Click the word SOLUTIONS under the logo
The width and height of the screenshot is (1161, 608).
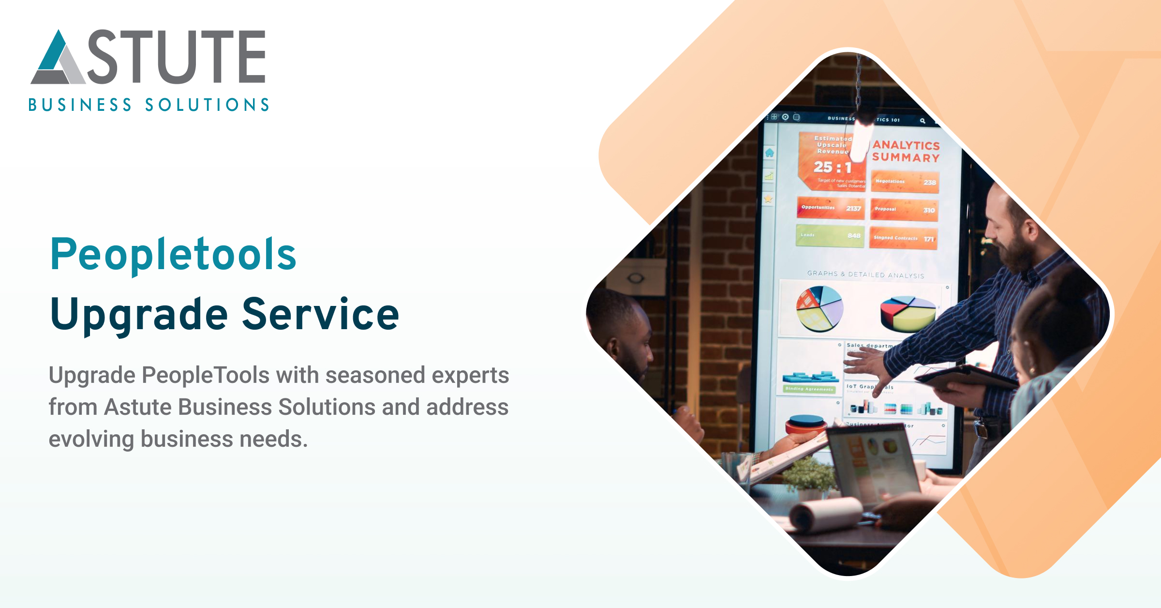(x=207, y=105)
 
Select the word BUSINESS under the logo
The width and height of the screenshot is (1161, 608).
(x=80, y=105)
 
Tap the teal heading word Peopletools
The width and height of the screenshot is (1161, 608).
(x=173, y=255)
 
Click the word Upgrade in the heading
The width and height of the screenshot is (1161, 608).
(x=139, y=315)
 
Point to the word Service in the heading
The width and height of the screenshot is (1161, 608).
(x=320, y=315)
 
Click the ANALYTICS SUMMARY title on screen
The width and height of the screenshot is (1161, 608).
(x=906, y=151)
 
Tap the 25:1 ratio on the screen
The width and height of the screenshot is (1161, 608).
(x=832, y=167)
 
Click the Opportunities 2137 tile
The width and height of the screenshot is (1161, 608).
(x=831, y=208)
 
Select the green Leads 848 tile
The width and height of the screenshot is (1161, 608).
(x=830, y=236)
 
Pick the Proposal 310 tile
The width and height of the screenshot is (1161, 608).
(x=904, y=210)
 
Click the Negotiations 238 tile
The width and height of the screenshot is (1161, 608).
(x=905, y=182)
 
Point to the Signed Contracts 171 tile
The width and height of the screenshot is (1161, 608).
(x=903, y=238)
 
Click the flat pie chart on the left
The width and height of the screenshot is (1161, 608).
(x=819, y=308)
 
